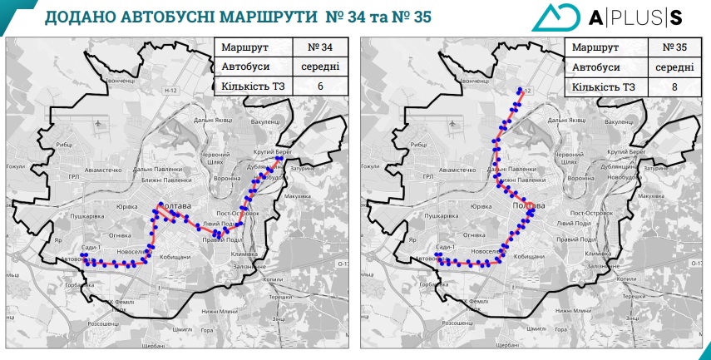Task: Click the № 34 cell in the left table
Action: point(314,47)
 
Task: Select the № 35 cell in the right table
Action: point(670,47)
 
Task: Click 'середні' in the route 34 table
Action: point(314,67)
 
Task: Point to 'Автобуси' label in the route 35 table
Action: point(597,67)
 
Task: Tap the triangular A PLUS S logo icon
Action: point(554,17)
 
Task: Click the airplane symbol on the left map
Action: point(101,123)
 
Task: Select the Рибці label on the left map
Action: point(65,145)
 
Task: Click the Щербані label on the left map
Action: point(153,343)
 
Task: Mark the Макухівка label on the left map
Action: point(297,196)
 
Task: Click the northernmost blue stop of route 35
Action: point(521,90)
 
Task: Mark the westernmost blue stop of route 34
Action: point(81,255)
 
